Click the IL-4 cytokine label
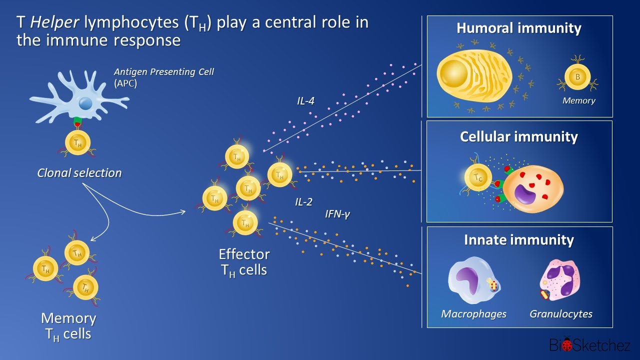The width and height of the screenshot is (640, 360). pos(305,101)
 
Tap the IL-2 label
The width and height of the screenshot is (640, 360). pos(303,202)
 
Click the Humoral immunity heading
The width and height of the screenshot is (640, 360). pos(519,28)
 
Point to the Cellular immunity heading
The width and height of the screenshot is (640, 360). pos(519,136)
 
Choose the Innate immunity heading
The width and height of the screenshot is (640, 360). pos(519,240)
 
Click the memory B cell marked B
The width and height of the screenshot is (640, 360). pos(577,77)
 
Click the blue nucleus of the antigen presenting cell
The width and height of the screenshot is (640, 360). pos(85,103)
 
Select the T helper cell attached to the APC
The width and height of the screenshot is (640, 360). pos(78,143)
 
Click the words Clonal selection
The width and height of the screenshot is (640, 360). pos(79,173)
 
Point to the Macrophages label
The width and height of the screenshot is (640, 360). pos(473,314)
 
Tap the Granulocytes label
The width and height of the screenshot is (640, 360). pos(561,314)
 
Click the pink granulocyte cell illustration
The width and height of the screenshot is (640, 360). pos(561,280)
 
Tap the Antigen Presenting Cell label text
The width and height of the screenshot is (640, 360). pos(164,72)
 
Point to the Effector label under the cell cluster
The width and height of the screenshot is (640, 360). pos(244,254)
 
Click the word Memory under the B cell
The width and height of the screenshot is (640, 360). pos(578,100)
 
